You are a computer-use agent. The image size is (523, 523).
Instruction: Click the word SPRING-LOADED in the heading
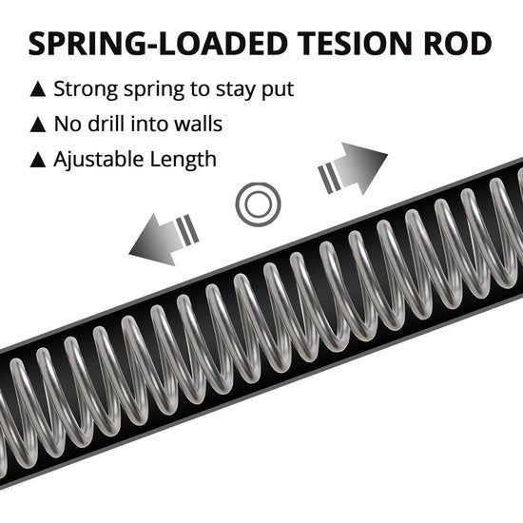[158, 44]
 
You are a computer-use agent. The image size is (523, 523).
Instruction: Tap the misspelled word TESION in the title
[355, 44]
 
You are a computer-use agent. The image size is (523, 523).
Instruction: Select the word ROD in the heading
[457, 44]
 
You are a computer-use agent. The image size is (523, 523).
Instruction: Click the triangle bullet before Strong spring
[38, 89]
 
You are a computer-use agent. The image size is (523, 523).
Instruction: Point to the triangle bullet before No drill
[38, 125]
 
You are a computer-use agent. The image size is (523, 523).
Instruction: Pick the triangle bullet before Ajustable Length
[38, 160]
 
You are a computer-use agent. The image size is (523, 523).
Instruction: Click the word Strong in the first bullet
[86, 90]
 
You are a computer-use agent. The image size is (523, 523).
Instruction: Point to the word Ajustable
[99, 160]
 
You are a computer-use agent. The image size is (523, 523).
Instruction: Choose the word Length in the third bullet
[184, 160]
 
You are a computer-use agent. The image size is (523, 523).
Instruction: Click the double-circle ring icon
[258, 185]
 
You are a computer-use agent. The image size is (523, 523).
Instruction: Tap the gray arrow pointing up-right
[360, 167]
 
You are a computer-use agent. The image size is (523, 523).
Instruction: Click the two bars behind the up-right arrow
[329, 179]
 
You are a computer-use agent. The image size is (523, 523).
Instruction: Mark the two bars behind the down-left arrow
[187, 230]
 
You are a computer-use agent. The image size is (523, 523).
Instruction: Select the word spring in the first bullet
[154, 90]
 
